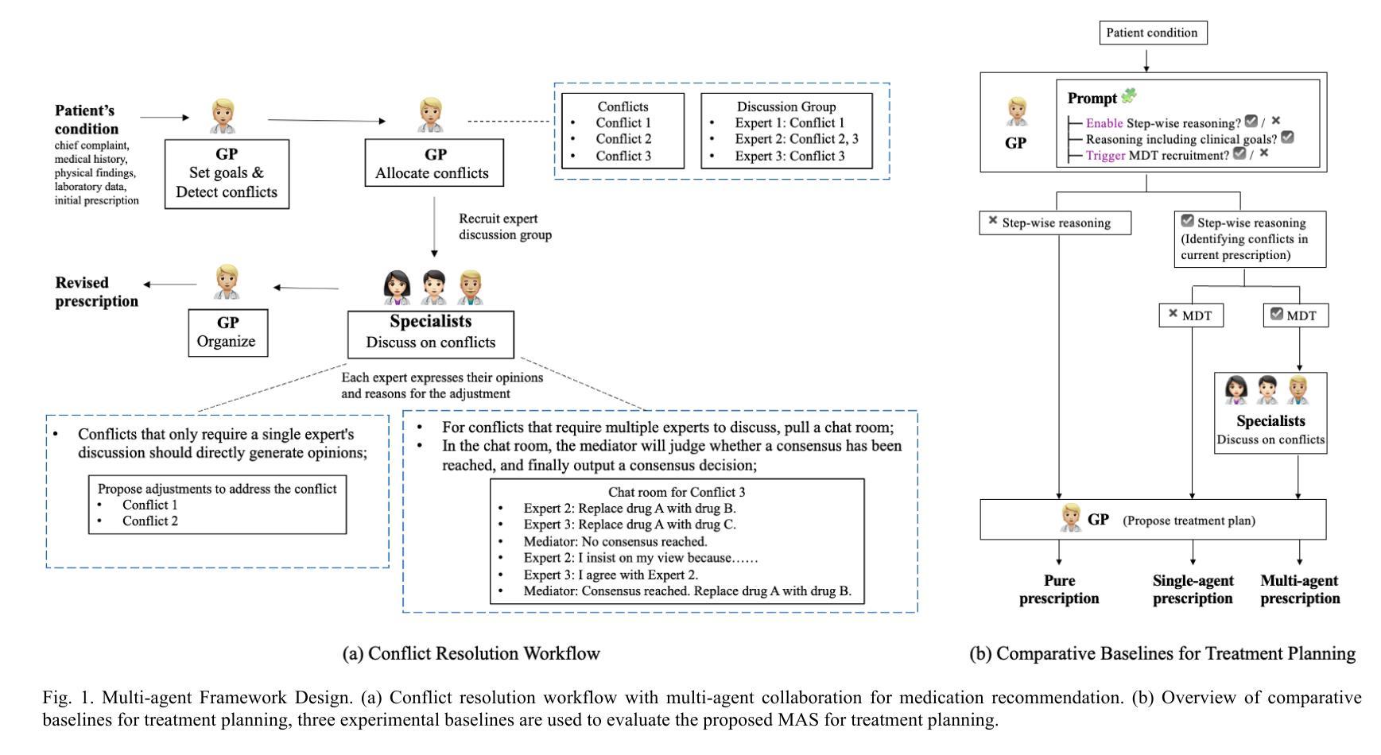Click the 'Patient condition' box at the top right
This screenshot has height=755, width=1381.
(x=1153, y=33)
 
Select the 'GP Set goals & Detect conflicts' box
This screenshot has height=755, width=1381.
(x=227, y=173)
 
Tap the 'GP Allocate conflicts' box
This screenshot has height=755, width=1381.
(x=434, y=163)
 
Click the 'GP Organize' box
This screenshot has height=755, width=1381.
(x=228, y=332)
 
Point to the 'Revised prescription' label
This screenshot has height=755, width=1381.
(x=96, y=292)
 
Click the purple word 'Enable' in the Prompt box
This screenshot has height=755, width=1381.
(x=1104, y=123)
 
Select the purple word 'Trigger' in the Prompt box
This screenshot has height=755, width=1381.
(x=1105, y=155)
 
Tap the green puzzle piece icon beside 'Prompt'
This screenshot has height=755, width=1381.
(x=1128, y=97)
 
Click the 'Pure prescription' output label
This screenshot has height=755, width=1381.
(x=1059, y=590)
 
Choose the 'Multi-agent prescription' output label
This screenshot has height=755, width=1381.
(x=1300, y=590)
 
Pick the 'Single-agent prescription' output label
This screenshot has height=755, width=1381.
(x=1193, y=590)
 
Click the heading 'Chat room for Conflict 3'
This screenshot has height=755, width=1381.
(x=677, y=492)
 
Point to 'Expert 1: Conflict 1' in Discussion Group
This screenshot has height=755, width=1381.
(x=789, y=122)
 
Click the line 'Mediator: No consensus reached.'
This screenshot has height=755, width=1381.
(x=615, y=541)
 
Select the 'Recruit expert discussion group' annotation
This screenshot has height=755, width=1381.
(x=505, y=226)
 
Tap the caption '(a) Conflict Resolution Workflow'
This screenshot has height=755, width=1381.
(x=471, y=653)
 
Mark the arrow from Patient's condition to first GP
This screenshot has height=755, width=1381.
(x=165, y=118)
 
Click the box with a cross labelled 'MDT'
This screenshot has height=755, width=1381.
(x=1190, y=316)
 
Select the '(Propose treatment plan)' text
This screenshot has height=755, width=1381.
(x=1189, y=521)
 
